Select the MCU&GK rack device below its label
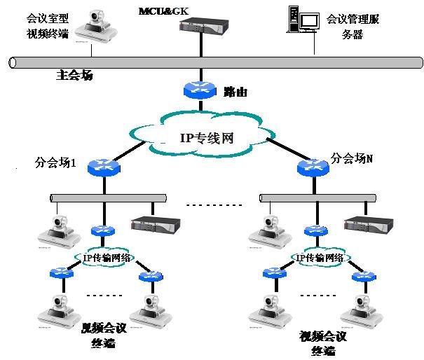(201, 27)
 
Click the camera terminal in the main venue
(95, 27)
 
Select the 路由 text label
(235, 92)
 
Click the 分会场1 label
(55, 162)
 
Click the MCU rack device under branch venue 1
(156, 225)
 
